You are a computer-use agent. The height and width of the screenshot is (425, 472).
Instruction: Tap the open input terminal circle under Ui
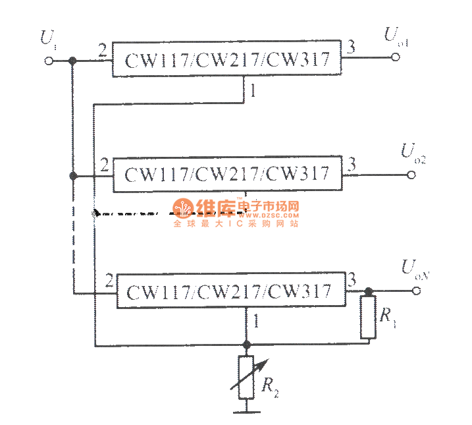47,61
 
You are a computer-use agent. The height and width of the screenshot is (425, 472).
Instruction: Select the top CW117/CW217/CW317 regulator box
228,61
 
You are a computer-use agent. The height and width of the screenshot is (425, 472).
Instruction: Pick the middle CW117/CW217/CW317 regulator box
228,175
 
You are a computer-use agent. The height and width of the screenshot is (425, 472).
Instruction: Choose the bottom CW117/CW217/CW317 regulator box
230,290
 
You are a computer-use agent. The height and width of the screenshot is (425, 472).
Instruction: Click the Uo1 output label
396,37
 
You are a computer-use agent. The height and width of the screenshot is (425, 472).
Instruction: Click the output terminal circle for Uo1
396,58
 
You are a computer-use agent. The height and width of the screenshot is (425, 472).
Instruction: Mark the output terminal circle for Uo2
413,175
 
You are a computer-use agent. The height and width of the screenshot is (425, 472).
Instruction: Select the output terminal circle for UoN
415,291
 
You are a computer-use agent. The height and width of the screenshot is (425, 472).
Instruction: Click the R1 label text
388,316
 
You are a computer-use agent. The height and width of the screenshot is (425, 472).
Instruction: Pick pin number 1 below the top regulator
252,92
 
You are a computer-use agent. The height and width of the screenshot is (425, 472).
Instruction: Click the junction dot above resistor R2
246,345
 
